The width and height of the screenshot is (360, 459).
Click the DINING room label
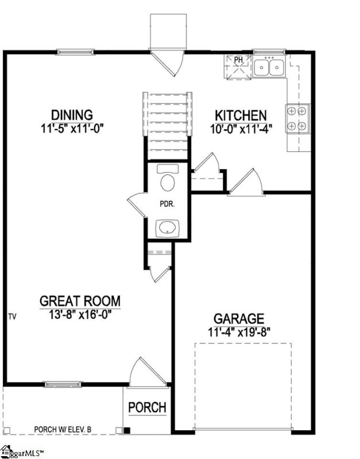point(71,115)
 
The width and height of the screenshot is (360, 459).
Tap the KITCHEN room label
point(240,115)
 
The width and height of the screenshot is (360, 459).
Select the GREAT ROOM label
point(80,301)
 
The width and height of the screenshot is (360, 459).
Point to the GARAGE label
point(239,318)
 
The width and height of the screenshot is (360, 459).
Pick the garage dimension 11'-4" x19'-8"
point(239,331)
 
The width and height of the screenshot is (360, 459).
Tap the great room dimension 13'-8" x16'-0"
point(80,314)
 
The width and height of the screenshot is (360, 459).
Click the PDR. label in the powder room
point(167,203)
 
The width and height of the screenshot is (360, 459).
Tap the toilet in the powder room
point(168,180)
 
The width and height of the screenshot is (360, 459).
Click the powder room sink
point(168,227)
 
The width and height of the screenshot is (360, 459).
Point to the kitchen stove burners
point(298,118)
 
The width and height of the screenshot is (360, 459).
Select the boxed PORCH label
point(147,407)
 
